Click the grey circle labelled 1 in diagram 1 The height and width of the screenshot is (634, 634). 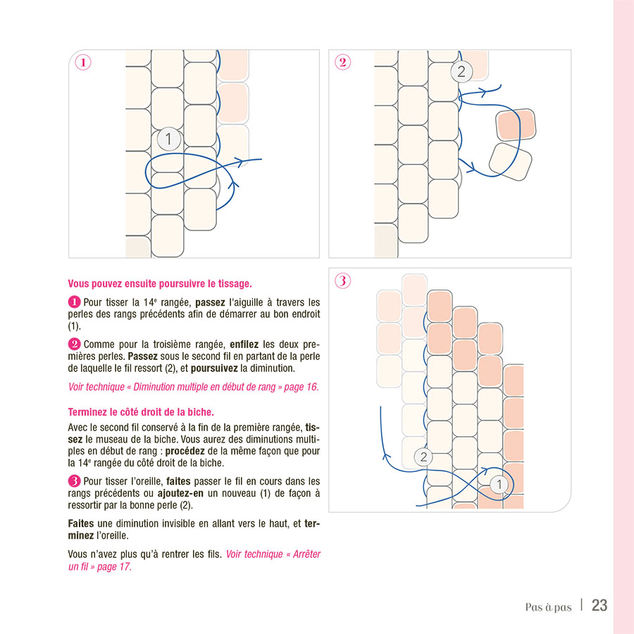point(168,139)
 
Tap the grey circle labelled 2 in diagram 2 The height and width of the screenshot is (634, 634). point(461,71)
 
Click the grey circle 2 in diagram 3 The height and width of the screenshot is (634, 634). point(423,456)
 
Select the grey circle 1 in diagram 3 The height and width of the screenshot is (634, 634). point(498,484)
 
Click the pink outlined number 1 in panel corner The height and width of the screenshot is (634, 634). point(83,62)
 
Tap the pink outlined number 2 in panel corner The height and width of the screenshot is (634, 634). point(342,62)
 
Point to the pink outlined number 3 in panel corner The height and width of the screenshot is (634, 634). point(342,280)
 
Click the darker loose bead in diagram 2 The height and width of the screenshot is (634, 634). point(516,125)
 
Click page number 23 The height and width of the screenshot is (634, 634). point(599,605)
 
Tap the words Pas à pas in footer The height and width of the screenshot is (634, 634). point(548,607)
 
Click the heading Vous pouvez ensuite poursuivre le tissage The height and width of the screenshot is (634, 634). point(160,284)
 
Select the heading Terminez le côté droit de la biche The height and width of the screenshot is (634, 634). point(141,411)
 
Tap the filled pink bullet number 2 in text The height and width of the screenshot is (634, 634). point(74,344)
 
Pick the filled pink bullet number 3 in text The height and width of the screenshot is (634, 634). point(74,481)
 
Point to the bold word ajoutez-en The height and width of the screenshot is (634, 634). point(183,493)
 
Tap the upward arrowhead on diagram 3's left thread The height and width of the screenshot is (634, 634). point(385,456)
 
